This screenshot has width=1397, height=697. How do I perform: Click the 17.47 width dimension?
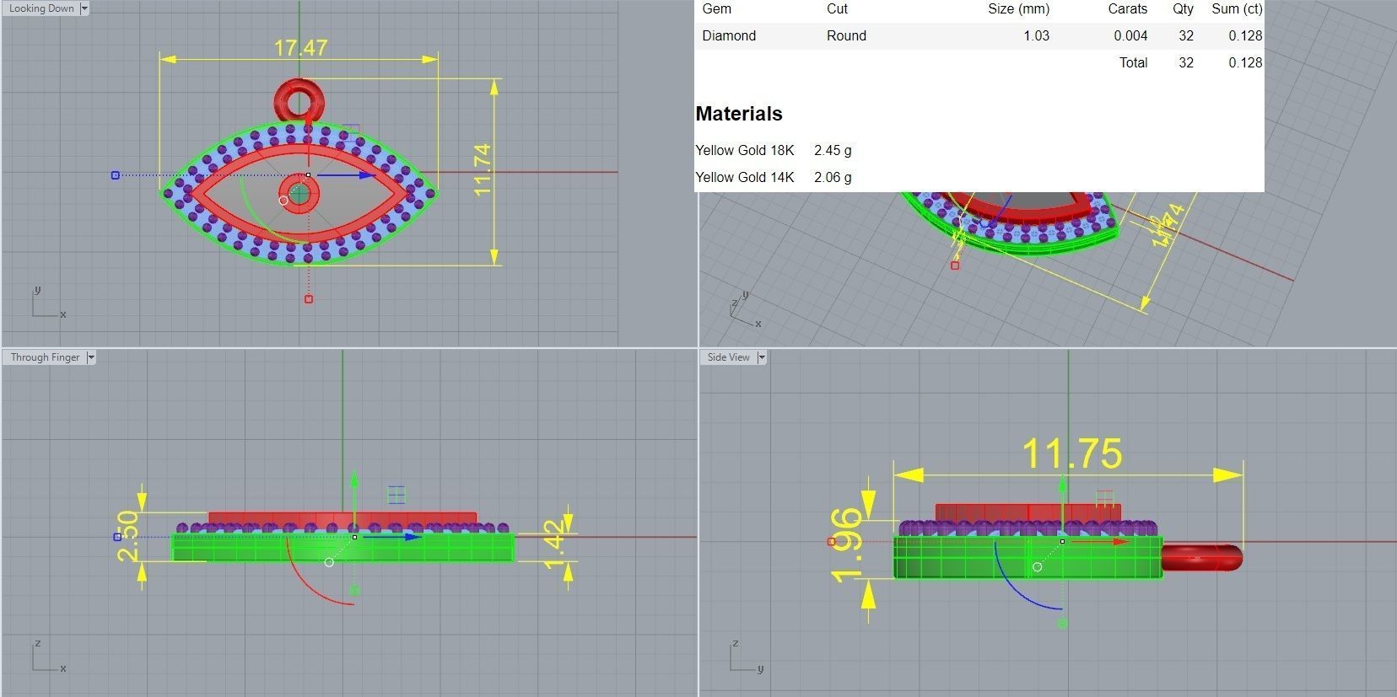[300, 48]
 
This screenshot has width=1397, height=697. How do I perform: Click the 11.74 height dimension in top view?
[482, 169]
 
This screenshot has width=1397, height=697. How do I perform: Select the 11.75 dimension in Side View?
[1071, 454]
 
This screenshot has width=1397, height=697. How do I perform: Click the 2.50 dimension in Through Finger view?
[128, 535]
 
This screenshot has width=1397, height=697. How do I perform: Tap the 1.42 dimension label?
[553, 544]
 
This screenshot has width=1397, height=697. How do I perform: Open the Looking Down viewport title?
[41, 8]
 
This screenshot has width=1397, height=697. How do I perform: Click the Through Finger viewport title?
[45, 357]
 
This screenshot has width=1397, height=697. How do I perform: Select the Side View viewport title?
[728, 357]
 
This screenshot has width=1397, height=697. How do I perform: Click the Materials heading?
[739, 114]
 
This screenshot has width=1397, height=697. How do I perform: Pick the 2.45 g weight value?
[833, 150]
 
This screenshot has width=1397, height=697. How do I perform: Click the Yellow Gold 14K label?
[745, 177]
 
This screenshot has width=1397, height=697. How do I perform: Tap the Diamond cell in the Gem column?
[729, 35]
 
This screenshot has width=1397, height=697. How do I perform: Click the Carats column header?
[1127, 8]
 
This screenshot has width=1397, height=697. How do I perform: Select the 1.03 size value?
[1036, 35]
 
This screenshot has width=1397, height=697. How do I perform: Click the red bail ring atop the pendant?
[299, 99]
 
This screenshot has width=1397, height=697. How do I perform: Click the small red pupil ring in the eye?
[299, 194]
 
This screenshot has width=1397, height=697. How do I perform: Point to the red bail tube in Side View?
[1201, 558]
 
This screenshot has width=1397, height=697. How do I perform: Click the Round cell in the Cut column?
[846, 35]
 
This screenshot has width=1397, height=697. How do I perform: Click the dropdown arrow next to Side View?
[761, 357]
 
